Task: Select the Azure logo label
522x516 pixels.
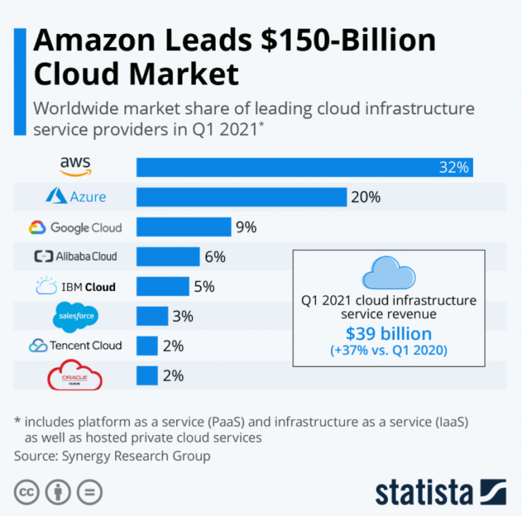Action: point(75,196)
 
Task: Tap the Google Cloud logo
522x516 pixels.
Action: point(75,227)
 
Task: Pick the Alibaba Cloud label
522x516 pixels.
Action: point(75,256)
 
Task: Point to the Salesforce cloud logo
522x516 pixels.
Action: point(75,315)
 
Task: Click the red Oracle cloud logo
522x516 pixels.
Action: point(75,376)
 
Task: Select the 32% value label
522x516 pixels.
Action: point(453,167)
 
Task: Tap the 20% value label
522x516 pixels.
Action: point(365,197)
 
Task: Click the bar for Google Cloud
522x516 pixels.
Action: point(184,227)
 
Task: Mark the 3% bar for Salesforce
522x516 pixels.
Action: point(152,316)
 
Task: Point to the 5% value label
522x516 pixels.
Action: point(204,286)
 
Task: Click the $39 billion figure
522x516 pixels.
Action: point(388,334)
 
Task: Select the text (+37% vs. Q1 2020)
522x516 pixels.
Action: point(388,351)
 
